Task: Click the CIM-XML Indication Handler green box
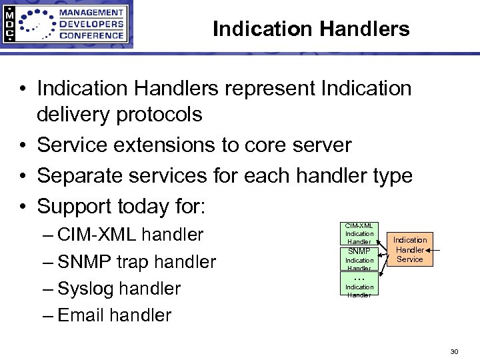(359, 234)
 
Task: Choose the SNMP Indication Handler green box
(359, 259)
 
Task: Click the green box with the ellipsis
(359, 285)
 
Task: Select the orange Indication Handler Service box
(410, 249)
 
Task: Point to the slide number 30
(454, 351)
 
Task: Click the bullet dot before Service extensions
(23, 145)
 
